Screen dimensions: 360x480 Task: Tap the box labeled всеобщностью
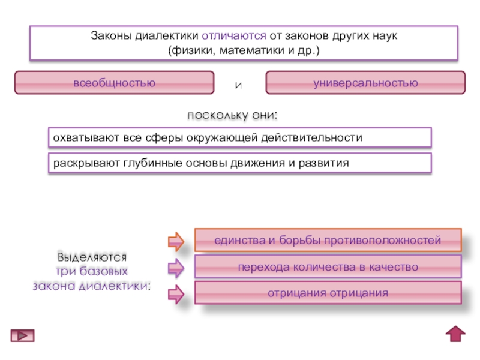pos(114,82)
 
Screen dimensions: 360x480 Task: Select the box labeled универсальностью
pos(365,82)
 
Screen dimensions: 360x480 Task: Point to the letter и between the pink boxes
pos(238,85)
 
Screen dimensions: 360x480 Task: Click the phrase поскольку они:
pos(233,115)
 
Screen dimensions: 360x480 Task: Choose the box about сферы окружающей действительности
pos(239,137)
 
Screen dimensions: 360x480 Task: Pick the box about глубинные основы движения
pos(239,163)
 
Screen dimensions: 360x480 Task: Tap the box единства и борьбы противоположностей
pos(328,240)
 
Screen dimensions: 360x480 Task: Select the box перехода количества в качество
pos(328,266)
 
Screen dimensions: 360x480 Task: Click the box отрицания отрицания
pos(328,293)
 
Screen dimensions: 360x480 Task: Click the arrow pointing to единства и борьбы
pos(175,241)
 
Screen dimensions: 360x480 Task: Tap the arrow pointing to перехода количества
pos(175,267)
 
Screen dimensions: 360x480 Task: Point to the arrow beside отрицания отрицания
pos(175,294)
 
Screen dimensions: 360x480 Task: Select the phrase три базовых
pos(92,271)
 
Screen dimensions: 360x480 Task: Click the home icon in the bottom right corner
pos(456,334)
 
